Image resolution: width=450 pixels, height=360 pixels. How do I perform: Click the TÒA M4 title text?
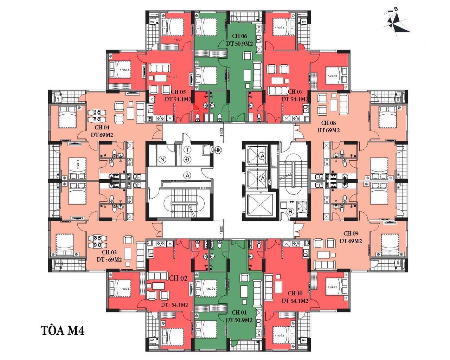(63, 331)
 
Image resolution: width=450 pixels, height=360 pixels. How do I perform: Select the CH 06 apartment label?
(239, 36)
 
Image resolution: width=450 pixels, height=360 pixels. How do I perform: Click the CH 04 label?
(102, 127)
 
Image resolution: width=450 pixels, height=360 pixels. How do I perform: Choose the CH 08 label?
(328, 123)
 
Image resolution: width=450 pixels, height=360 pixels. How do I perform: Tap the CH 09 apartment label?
(351, 233)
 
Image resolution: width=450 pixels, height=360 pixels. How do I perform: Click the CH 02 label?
(178, 278)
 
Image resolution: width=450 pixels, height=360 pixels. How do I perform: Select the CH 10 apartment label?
(295, 293)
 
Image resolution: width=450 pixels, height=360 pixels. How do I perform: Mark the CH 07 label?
(295, 92)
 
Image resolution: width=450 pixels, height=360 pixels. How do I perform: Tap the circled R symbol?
(290, 212)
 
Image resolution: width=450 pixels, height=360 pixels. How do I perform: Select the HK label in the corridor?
(218, 150)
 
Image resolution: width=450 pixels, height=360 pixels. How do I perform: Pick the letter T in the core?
(188, 150)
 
